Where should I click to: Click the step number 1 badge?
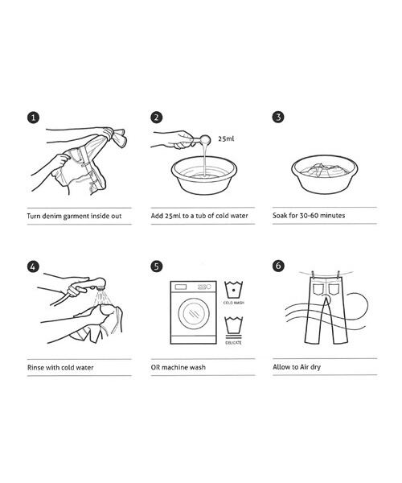point(34,118)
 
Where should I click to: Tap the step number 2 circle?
point(157,117)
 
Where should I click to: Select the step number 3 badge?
point(278,117)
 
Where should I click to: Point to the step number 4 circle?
point(33,266)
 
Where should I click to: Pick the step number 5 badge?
point(157,266)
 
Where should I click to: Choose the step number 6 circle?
point(278,266)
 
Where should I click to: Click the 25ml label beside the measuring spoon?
point(226,139)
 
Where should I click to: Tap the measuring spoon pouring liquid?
point(199,140)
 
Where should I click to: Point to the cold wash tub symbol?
point(233,290)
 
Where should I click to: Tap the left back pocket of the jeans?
point(318,290)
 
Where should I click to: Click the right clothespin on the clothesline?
point(338,274)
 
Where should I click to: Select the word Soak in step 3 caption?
point(280,215)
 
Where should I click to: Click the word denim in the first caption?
point(52,216)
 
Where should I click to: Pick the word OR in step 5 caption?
point(155,367)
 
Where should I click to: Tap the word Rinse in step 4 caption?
point(35,368)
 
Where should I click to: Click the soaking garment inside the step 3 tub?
point(323,170)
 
